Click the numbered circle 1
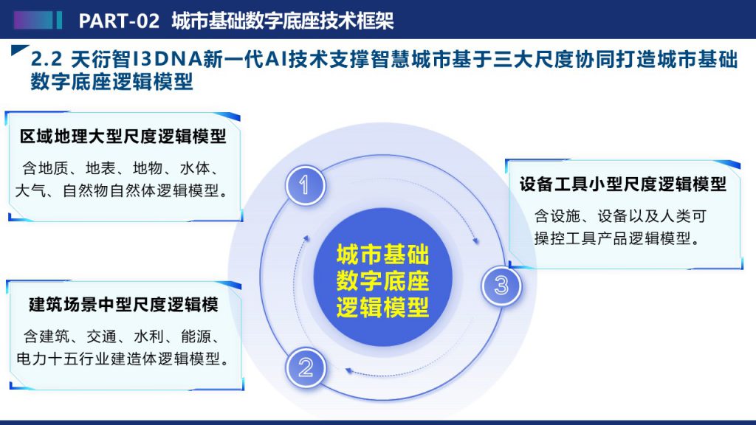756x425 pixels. pyautogui.click(x=305, y=185)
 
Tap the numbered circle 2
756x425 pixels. pyautogui.click(x=305, y=367)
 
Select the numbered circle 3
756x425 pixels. pyautogui.click(x=501, y=286)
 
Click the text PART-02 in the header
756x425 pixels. pyautogui.click(x=119, y=21)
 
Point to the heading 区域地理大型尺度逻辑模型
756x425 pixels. pyautogui.click(x=123, y=137)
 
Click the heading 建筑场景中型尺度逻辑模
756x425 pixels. pyautogui.click(x=123, y=305)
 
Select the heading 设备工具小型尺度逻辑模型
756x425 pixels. pyautogui.click(x=622, y=184)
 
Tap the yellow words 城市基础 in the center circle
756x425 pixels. pyautogui.click(x=383, y=255)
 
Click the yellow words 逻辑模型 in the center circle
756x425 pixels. pyautogui.click(x=383, y=308)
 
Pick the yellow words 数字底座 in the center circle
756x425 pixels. pyautogui.click(x=383, y=281)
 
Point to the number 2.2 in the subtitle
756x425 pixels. pyautogui.click(x=47, y=60)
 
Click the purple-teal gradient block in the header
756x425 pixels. pyautogui.click(x=32, y=20)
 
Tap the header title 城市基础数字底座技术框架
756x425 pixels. pyautogui.click(x=283, y=21)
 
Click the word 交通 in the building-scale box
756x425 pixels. pyautogui.click(x=101, y=336)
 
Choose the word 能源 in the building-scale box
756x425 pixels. pyautogui.click(x=196, y=336)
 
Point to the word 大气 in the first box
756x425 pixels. pyautogui.click(x=30, y=191)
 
